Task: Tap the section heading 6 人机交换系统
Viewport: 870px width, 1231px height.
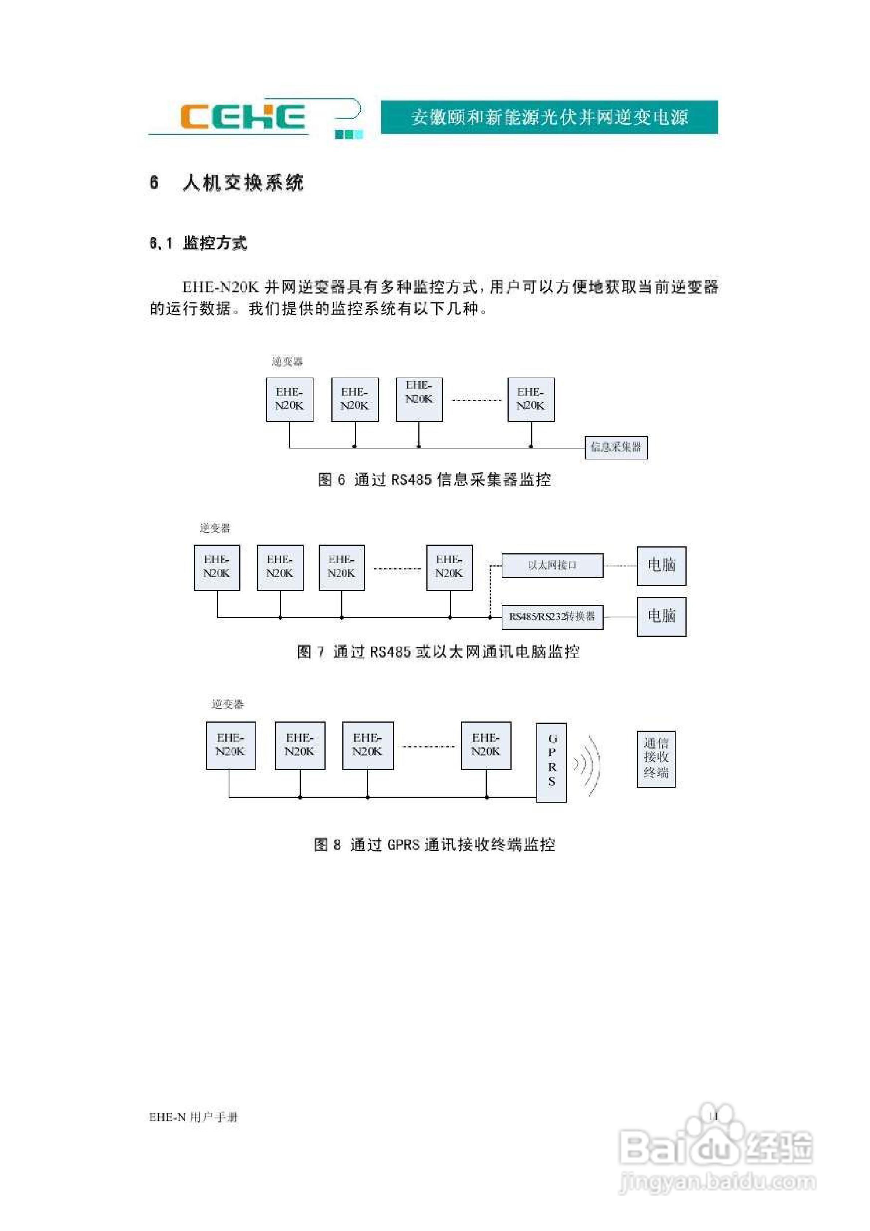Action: pyautogui.click(x=226, y=183)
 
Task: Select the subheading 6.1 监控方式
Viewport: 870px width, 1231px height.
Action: pyautogui.click(x=198, y=243)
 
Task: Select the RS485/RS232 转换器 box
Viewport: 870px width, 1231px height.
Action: pyautogui.click(x=552, y=617)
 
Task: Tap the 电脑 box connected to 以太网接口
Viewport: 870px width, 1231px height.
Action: pyautogui.click(x=661, y=566)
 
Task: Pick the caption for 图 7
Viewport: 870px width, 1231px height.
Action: pyautogui.click(x=438, y=652)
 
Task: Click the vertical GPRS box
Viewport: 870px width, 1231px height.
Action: pyautogui.click(x=552, y=761)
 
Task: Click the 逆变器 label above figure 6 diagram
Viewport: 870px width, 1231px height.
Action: pyautogui.click(x=287, y=361)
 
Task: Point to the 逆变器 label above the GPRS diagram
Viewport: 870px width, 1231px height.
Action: pyautogui.click(x=227, y=704)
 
